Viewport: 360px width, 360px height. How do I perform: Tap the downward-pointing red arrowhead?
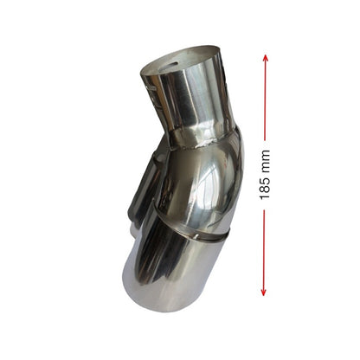263,292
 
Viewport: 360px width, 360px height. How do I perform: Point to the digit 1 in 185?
265,196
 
